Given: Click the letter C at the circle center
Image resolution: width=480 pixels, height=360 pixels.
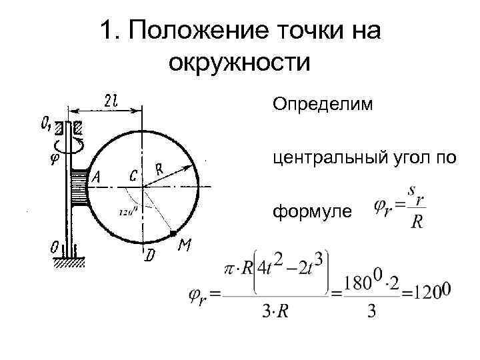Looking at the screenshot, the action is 134,176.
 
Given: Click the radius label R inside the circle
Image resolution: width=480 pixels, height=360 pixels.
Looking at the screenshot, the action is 160,170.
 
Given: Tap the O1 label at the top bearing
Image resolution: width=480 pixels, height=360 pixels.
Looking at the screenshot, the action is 47,123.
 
